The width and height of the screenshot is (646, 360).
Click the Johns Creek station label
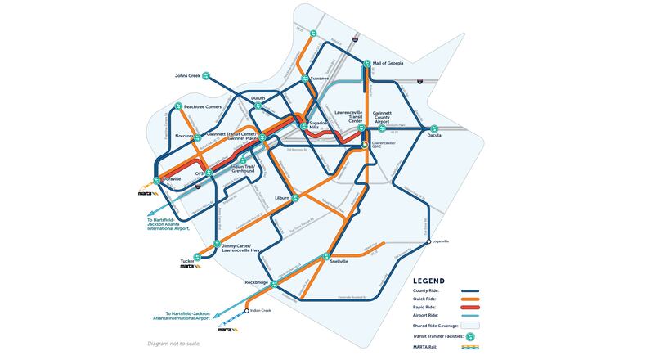click(x=188, y=76)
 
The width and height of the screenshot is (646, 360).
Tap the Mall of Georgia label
click(x=389, y=63)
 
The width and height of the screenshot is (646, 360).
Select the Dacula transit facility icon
click(x=434, y=128)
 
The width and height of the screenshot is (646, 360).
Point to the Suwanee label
click(x=318, y=79)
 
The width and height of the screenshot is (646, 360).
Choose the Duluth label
click(x=258, y=96)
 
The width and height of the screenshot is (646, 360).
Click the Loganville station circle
click(x=428, y=242)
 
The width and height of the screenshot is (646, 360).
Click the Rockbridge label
click(x=256, y=282)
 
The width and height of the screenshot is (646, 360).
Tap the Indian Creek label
click(x=260, y=312)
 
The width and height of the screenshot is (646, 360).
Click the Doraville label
click(x=170, y=178)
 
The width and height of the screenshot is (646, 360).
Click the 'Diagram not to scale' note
click(x=173, y=343)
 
